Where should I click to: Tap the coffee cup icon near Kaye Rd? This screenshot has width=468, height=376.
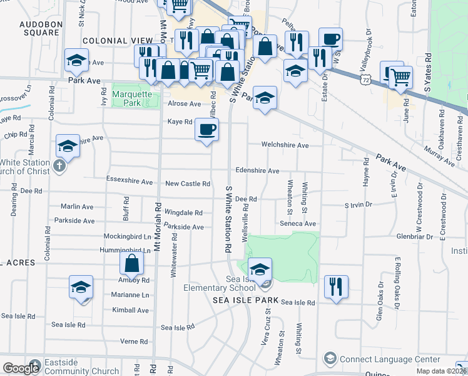(x=207, y=130)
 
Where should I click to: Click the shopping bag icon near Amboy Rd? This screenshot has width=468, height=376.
(x=133, y=264)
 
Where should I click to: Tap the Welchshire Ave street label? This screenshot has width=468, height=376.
(x=285, y=145)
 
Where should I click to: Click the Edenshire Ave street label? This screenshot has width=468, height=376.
(x=257, y=170)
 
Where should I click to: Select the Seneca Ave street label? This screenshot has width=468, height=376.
(x=302, y=224)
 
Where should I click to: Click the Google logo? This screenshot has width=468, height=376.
(x=21, y=368)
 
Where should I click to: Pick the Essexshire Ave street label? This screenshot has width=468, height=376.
(x=130, y=182)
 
